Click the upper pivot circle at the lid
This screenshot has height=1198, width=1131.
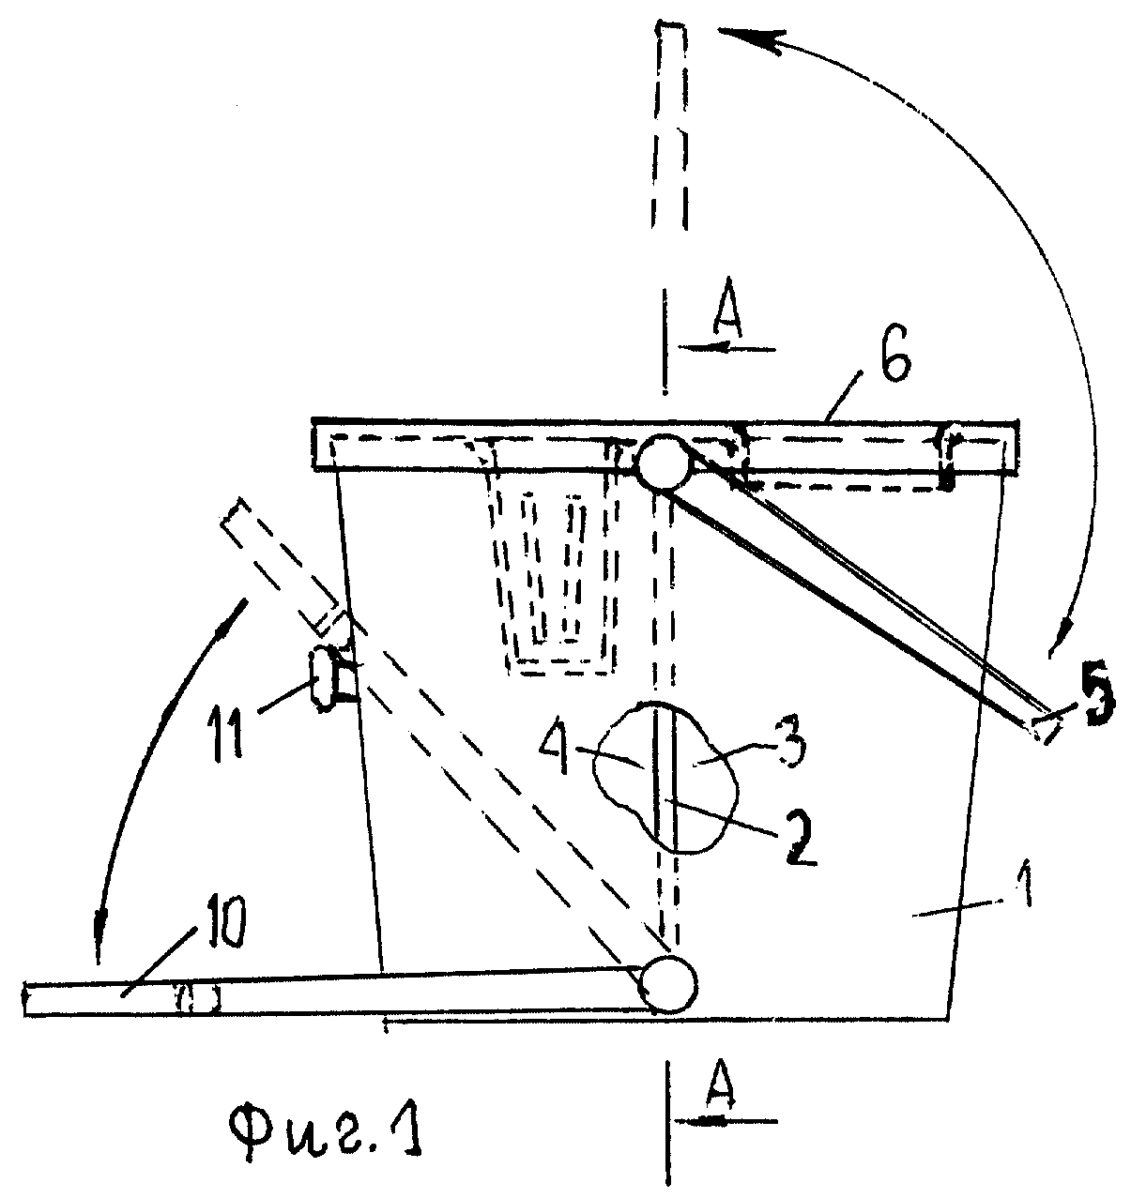[664, 462]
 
